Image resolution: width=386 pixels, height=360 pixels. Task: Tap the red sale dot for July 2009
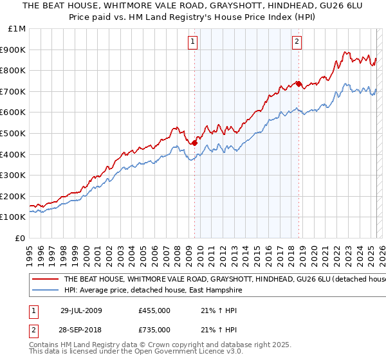click(194, 143)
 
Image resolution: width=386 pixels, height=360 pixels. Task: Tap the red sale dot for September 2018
click(299, 84)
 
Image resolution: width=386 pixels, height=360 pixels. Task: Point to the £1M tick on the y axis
click(18, 28)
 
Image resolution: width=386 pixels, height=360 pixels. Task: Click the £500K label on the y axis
click(13, 133)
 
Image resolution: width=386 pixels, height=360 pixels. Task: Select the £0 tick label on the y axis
click(21, 238)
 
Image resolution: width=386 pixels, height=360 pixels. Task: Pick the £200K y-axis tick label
click(13, 196)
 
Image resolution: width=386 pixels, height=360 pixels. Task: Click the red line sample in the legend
click(44, 280)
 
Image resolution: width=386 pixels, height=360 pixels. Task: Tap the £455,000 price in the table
click(154, 310)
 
